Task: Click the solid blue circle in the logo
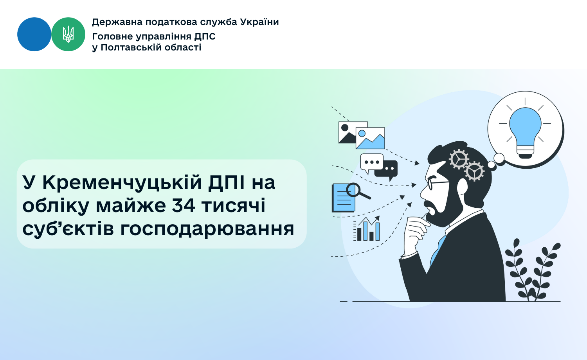pyautogui.click(x=34, y=34)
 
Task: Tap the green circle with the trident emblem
pyautogui.click(x=68, y=34)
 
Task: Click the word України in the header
pyautogui.click(x=259, y=22)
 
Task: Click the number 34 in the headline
pyautogui.click(x=184, y=205)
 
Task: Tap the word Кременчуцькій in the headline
pyautogui.click(x=122, y=183)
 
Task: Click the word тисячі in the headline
pyautogui.click(x=233, y=206)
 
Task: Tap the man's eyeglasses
pyautogui.click(x=438, y=183)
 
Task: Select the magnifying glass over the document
pyautogui.click(x=357, y=191)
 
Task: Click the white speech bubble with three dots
pyautogui.click(x=372, y=163)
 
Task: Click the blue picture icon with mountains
pyautogui.click(x=370, y=138)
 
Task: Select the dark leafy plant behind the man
pyautogui.click(x=533, y=270)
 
